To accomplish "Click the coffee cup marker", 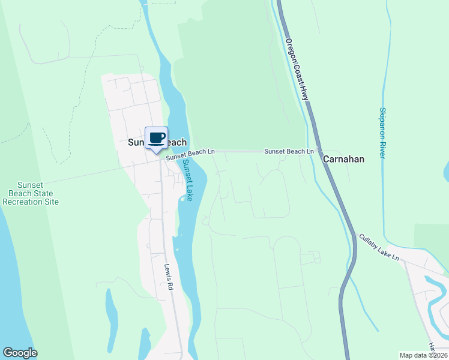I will pos(157,138).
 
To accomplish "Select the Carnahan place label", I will pos(344,160).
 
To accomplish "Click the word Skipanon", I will pos(382,124).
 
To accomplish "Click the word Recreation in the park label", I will pos(31,202).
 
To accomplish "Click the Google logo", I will pos(20,353).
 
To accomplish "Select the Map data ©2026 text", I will pos(423,355).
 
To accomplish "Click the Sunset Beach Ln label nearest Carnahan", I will pos(289,152).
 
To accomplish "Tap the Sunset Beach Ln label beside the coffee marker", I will pos(190,154).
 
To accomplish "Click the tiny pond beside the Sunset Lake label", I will pos(182,199).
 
